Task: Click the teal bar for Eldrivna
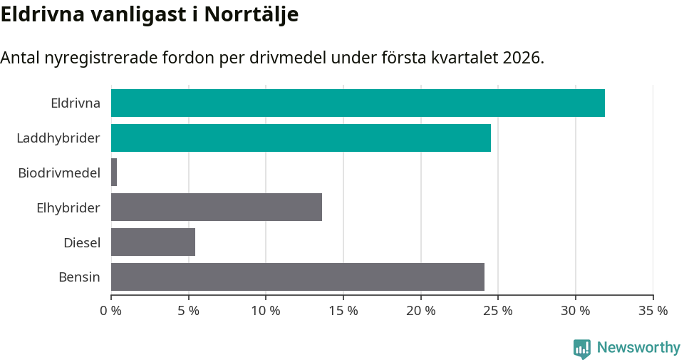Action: (x=358, y=103)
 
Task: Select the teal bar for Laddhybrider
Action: (x=301, y=138)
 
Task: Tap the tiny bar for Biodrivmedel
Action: (x=114, y=173)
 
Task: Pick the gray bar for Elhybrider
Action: (x=217, y=207)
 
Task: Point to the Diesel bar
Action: (x=153, y=242)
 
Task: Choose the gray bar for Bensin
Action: (x=298, y=277)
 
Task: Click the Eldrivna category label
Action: (x=76, y=103)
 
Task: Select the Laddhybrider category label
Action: (x=58, y=138)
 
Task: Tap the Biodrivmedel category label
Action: (x=59, y=173)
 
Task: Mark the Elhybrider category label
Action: (x=68, y=207)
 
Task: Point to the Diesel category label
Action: (x=82, y=242)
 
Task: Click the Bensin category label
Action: (x=79, y=277)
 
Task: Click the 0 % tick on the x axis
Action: (x=111, y=311)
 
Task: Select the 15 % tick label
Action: (x=343, y=311)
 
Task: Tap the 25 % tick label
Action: (x=498, y=311)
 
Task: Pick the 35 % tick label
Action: (x=653, y=311)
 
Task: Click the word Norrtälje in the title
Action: (x=251, y=15)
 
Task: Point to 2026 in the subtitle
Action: (x=522, y=58)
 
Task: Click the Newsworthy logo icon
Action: (x=582, y=348)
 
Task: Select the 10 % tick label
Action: (x=266, y=311)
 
